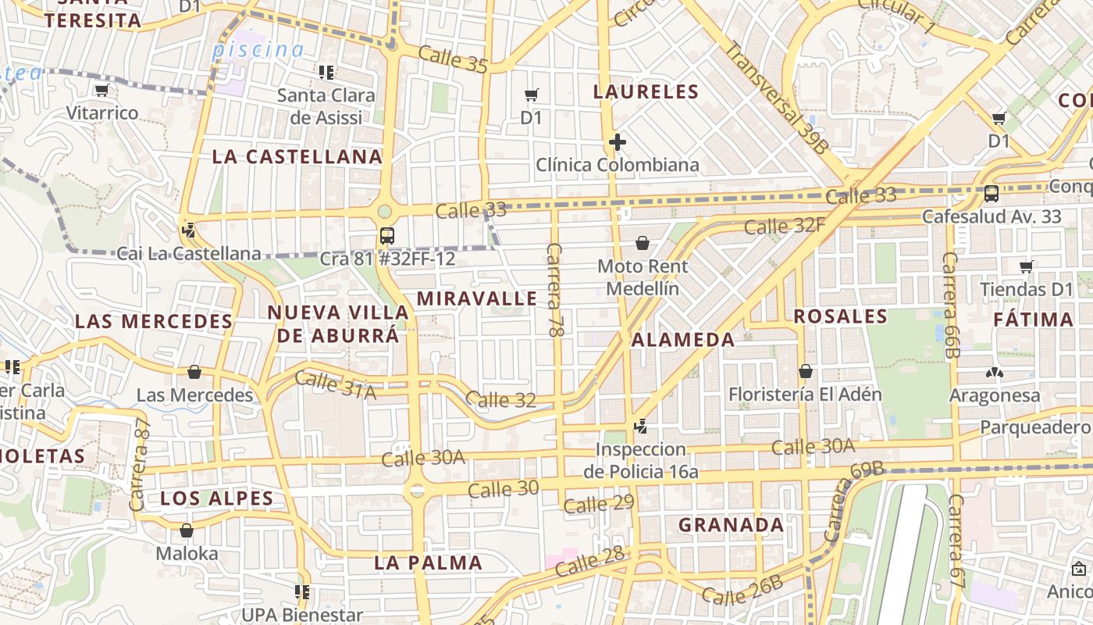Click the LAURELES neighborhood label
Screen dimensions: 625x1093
tap(646, 91)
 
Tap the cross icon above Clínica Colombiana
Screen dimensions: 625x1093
tap(618, 142)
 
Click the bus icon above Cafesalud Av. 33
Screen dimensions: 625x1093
tap(992, 193)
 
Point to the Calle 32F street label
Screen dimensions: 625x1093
tap(784, 227)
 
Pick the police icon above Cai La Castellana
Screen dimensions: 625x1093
tap(187, 230)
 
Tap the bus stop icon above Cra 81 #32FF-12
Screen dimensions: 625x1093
tap(386, 235)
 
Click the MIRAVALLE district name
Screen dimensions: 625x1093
tap(477, 298)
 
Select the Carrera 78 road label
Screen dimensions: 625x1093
tap(554, 290)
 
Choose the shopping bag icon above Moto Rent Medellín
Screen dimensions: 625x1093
tap(642, 243)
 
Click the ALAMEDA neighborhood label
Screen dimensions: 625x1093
tap(683, 340)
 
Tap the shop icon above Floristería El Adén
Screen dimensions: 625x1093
tap(805, 371)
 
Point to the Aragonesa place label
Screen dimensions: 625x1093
tap(995, 395)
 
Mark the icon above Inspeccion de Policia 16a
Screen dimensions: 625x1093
tap(641, 427)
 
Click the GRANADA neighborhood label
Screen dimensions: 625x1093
tap(731, 525)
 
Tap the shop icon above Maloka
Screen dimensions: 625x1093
tap(186, 531)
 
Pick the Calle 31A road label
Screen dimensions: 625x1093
tap(336, 385)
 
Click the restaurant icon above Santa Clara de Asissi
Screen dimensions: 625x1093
tap(326, 73)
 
